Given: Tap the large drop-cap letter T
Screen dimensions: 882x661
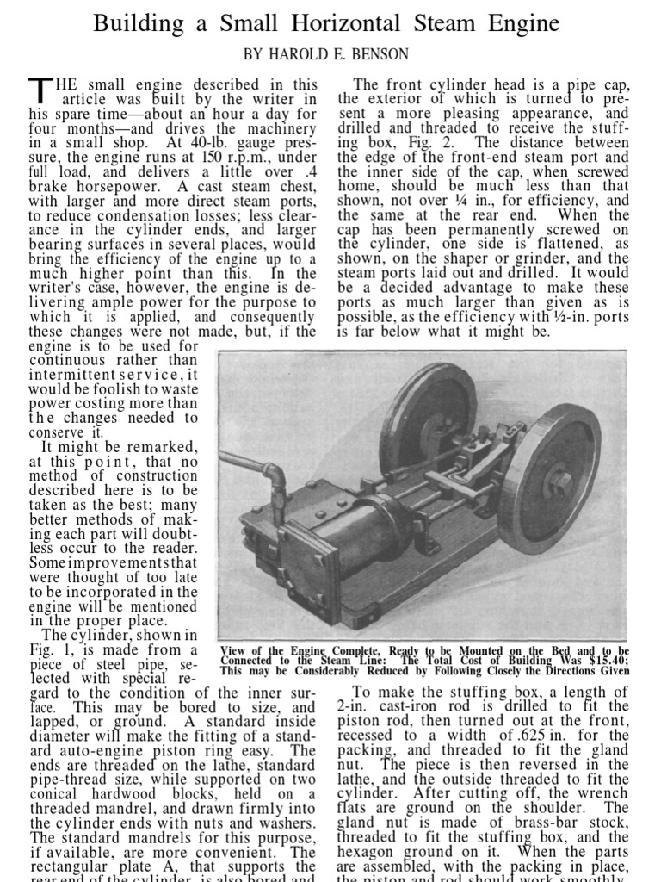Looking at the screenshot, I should (40, 90).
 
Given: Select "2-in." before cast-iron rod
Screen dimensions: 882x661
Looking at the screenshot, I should (354, 706).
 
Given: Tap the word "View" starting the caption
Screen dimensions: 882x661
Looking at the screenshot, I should (236, 649).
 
